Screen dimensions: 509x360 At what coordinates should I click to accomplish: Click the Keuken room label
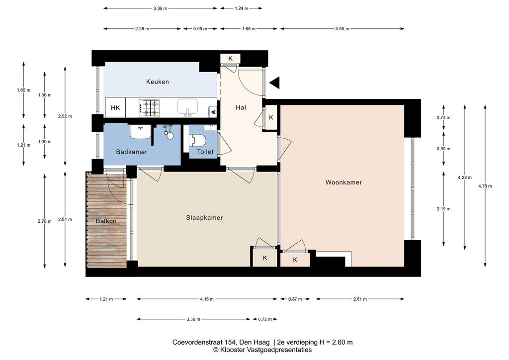pos(158,82)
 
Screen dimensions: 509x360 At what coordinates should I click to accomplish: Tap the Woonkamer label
pos(343,182)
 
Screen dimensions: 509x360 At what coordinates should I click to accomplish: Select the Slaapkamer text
pos(204,218)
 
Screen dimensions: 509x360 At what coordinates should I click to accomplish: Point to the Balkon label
pos(106,221)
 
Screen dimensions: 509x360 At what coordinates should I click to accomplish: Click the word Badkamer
pos(132,152)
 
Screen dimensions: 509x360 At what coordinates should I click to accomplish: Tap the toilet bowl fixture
pos(197,141)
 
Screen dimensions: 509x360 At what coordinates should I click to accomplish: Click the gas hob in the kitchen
pos(149,108)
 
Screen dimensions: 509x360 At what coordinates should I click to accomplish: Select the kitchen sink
pos(187,107)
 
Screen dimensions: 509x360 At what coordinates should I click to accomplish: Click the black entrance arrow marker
pos(274,83)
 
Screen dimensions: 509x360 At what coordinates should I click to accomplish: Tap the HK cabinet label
pos(115,108)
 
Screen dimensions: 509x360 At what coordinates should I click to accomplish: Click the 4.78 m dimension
pos(485,186)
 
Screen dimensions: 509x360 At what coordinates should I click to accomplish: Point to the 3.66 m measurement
pos(342,28)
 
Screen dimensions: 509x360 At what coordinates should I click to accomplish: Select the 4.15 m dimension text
pos(207,299)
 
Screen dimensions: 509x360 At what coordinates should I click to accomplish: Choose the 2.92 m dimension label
pos(65,116)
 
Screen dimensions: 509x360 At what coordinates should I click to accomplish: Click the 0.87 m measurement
pos(295,299)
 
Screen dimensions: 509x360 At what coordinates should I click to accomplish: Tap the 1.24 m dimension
pos(241,8)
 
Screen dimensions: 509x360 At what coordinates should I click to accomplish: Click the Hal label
pos(241,108)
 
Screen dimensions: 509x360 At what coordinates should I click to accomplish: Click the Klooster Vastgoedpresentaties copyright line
pos(262,350)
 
